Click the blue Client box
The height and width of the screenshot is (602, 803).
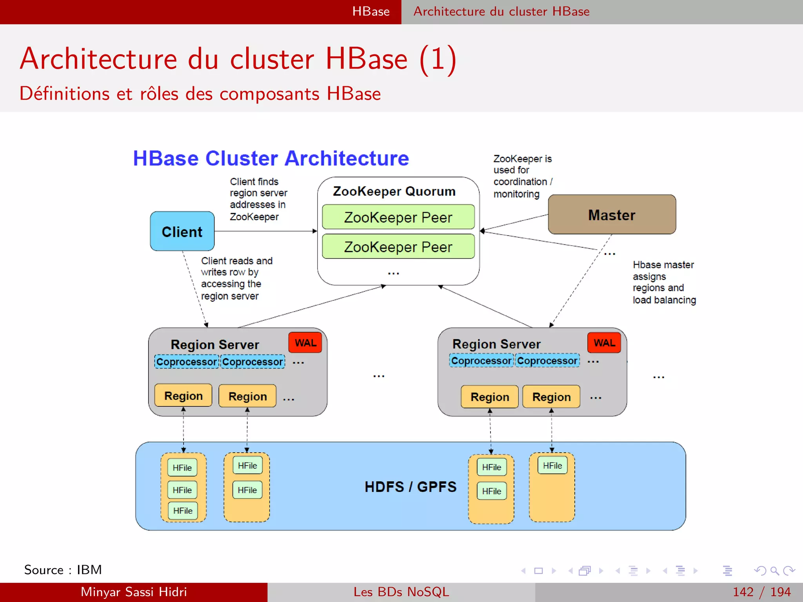[x=182, y=231]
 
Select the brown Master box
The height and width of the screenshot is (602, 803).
[x=611, y=214]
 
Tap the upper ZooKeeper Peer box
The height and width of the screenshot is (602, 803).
[x=398, y=217]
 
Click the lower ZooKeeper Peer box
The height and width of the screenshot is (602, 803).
[x=398, y=247]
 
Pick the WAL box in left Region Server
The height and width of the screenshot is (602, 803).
[x=305, y=343]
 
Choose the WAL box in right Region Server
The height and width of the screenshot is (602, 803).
[x=604, y=343]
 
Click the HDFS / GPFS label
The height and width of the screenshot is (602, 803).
[x=410, y=486]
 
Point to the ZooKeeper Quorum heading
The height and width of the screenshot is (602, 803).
[x=394, y=191]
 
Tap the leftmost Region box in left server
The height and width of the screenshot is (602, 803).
[x=183, y=395]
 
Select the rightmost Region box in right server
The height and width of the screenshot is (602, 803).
[x=551, y=397]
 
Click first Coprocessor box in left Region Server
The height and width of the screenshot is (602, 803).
[x=187, y=361]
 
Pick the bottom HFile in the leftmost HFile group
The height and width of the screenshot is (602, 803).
[x=183, y=511]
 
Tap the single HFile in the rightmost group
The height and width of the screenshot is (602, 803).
[x=552, y=465]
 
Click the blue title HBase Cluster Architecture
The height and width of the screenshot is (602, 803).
[x=271, y=158]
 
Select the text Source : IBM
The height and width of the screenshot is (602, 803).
[x=63, y=569]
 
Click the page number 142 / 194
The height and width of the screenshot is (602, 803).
[x=761, y=592]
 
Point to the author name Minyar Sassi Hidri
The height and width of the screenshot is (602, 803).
[x=133, y=592]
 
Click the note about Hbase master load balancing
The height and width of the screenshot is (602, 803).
[x=664, y=282]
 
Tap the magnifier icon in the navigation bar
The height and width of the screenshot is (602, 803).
[x=774, y=571]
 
